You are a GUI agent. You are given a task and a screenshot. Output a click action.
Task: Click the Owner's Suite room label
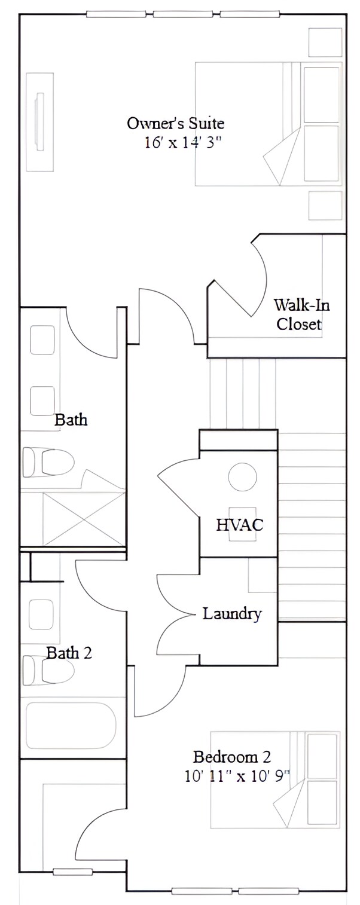[175, 124]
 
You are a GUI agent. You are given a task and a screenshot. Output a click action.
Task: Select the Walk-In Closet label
[301, 314]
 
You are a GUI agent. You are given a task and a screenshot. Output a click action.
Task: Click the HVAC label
[239, 525]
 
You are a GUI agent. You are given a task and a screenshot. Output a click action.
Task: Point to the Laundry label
[231, 614]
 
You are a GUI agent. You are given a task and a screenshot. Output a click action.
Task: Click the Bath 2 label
[69, 653]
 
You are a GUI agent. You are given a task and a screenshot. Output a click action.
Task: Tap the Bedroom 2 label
[232, 757]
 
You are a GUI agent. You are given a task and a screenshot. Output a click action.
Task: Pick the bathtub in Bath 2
[71, 725]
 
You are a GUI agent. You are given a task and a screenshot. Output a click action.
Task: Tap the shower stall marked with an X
[84, 518]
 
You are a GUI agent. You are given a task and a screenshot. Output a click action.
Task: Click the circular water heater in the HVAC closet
[242, 477]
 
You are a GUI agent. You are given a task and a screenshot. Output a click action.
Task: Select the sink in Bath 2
[41, 613]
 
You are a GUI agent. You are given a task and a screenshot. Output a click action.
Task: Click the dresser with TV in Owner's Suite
[40, 122]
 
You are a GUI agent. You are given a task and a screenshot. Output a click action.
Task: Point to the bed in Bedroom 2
[275, 779]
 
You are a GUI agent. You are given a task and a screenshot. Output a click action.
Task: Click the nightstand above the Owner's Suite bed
[325, 42]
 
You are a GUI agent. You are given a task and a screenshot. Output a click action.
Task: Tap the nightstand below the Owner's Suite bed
[325, 206]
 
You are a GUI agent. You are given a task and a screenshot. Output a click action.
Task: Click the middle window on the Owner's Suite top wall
[183, 14]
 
